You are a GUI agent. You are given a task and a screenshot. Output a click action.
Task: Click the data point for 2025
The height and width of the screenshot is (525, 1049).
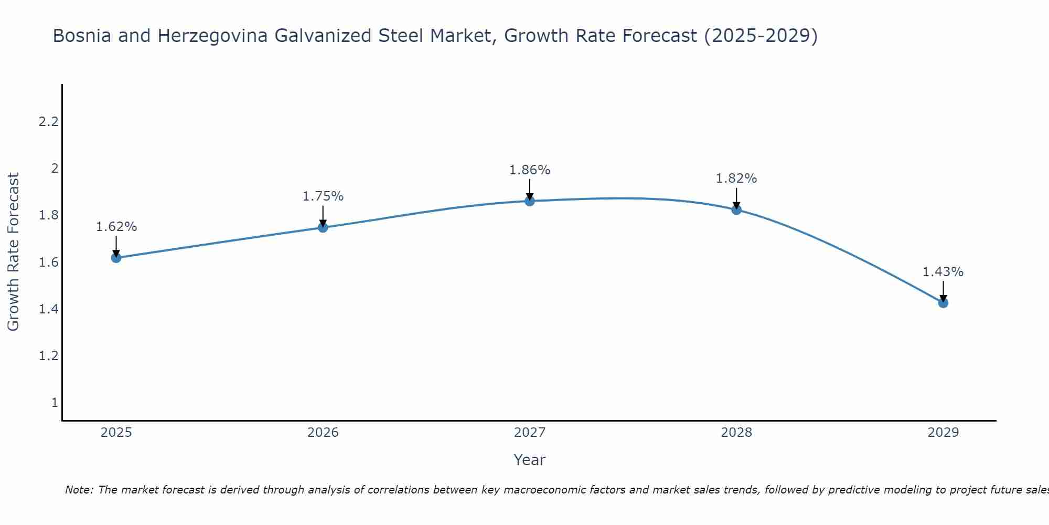pos(116,258)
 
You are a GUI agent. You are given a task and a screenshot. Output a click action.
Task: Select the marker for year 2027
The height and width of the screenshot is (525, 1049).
pos(530,201)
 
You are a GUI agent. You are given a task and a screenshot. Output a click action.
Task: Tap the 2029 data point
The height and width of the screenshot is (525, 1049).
pos(943,303)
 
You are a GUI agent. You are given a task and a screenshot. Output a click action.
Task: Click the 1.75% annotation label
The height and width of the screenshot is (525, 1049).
pos(323,196)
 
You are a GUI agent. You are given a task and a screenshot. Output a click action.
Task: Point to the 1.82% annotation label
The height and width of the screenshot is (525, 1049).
pos(736,178)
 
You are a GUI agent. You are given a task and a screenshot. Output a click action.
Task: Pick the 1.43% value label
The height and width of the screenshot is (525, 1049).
pos(943,272)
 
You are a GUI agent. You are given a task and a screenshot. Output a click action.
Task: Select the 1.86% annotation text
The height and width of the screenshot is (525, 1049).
pos(530,170)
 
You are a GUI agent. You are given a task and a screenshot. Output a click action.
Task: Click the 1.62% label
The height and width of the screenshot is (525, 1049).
pos(116,227)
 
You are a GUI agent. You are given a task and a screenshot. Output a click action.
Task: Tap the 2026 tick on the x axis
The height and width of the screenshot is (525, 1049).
pos(323,433)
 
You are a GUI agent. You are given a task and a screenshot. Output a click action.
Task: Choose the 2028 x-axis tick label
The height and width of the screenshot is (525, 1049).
pos(736,433)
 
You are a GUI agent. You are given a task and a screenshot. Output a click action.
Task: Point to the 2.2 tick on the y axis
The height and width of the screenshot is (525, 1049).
pos(48,122)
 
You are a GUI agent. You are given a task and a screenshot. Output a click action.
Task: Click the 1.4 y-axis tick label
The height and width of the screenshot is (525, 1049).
pos(48,309)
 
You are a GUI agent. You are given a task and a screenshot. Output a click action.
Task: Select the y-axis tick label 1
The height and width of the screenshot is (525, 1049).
pos(55,403)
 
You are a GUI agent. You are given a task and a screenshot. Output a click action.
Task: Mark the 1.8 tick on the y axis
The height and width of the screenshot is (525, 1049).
pos(48,215)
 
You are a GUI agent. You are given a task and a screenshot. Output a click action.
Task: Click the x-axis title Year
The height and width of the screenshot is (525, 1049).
pos(530,460)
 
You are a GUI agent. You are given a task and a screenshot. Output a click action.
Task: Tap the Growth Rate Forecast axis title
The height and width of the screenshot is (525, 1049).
pos(13,252)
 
